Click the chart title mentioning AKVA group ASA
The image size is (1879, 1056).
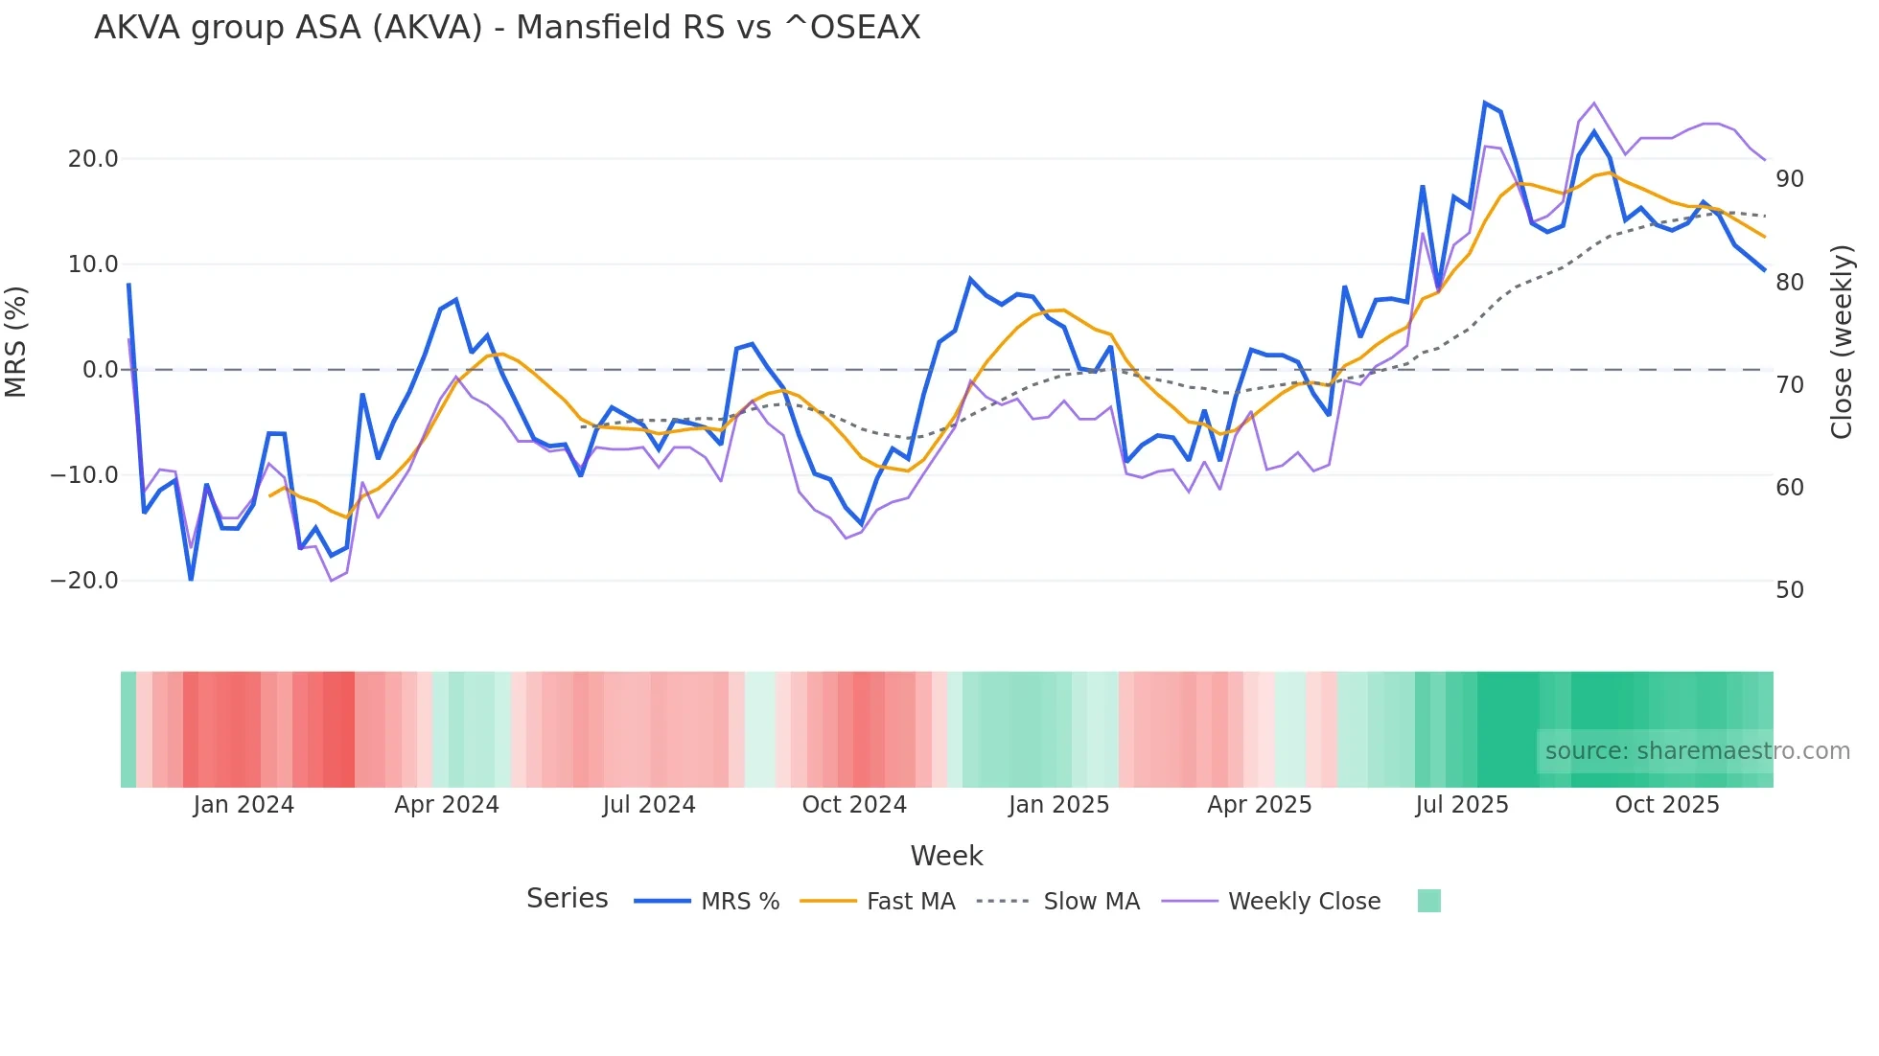click(x=507, y=28)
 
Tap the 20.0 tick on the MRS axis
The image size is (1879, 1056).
click(x=93, y=159)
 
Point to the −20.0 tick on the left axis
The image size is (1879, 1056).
click(x=84, y=581)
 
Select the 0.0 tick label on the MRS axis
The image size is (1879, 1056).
click(x=100, y=370)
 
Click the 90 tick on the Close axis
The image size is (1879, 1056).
click(x=1790, y=179)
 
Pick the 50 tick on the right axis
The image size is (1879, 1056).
click(x=1790, y=590)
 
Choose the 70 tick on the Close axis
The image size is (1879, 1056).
click(x=1790, y=385)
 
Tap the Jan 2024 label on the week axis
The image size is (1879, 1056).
click(x=244, y=805)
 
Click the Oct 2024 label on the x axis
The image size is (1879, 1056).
click(x=854, y=805)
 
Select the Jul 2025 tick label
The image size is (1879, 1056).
click(x=1462, y=805)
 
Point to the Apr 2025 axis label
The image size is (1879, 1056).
click(x=1260, y=805)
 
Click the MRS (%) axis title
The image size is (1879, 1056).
click(x=16, y=341)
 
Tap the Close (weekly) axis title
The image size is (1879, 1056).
click(x=1842, y=342)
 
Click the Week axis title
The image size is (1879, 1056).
click(x=946, y=856)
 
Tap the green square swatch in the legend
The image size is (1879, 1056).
click(x=1429, y=901)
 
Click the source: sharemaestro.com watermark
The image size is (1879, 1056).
click(x=1697, y=751)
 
